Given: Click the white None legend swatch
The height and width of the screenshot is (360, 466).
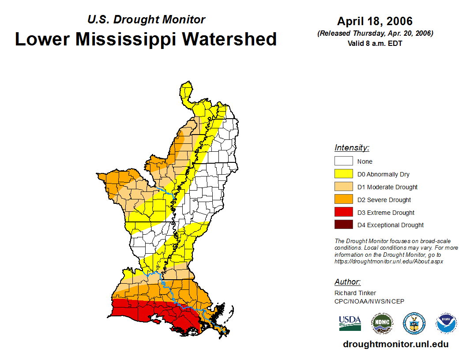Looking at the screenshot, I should point(344,161).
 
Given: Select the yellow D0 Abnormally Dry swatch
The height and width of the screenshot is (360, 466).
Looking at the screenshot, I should point(344,174).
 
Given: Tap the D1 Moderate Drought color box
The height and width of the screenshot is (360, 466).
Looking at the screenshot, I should point(344,187).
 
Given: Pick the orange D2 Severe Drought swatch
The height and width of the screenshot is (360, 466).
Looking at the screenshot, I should point(344,199).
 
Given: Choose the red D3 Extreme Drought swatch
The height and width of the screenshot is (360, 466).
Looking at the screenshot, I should point(344,212).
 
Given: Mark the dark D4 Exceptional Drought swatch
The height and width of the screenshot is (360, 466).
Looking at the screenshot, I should point(344,225).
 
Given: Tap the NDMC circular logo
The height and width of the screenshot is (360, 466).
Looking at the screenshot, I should point(382,323).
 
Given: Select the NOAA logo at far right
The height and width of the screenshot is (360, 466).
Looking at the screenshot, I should point(446,323).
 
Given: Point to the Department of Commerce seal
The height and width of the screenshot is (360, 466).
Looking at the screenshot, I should point(414,323).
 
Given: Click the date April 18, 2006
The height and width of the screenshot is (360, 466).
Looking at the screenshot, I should point(375,21).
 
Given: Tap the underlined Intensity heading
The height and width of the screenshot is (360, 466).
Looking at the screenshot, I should point(352,148).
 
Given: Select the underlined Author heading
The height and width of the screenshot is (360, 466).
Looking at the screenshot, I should point(347,282).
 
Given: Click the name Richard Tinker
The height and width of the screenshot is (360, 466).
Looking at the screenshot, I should point(355,293).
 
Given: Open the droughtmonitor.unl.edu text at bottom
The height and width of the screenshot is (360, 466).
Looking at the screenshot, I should point(395,344).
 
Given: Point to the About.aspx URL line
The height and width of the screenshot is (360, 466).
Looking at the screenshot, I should point(388,261).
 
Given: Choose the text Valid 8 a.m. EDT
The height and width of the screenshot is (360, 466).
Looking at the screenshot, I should point(375,43).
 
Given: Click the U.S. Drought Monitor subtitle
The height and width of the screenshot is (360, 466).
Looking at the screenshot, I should point(146,19).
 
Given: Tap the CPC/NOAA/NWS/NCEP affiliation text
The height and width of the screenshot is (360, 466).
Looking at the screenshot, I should point(369,301).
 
